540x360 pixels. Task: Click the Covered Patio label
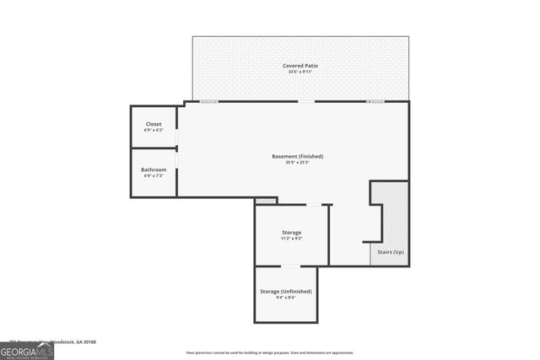300,65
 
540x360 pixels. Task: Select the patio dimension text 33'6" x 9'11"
300,72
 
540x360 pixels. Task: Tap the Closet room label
154,124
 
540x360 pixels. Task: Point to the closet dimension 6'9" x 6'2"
154,131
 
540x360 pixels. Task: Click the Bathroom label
154,169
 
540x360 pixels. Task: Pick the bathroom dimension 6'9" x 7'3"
154,176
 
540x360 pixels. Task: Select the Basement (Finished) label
297,156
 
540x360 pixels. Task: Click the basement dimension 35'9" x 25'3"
297,163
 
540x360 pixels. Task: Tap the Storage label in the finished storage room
291,232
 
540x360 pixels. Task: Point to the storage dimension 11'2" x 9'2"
291,239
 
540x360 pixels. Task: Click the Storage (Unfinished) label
285,291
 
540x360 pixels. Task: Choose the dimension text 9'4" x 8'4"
285,298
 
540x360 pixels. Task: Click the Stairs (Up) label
388,253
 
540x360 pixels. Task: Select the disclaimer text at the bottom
269,353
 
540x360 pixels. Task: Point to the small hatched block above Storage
266,201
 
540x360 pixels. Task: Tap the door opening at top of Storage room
313,205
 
